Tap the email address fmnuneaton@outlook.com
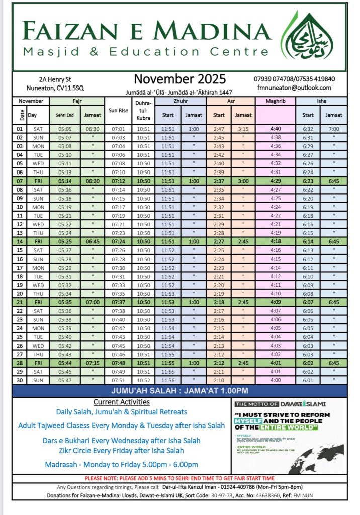point(295,88)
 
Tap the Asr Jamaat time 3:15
point(243,129)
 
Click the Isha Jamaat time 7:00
point(333,129)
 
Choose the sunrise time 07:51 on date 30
point(118,380)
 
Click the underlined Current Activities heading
point(121,402)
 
